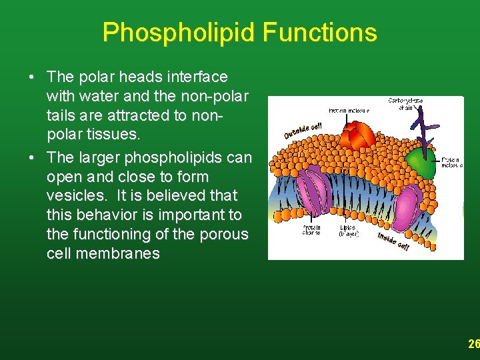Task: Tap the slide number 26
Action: click(473, 344)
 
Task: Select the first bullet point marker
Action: click(32, 78)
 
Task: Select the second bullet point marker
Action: click(32, 159)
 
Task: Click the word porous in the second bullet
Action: click(225, 235)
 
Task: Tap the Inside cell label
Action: click(393, 241)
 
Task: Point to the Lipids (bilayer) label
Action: click(348, 230)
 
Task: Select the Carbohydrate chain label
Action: click(405, 103)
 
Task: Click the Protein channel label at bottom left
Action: click(311, 230)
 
